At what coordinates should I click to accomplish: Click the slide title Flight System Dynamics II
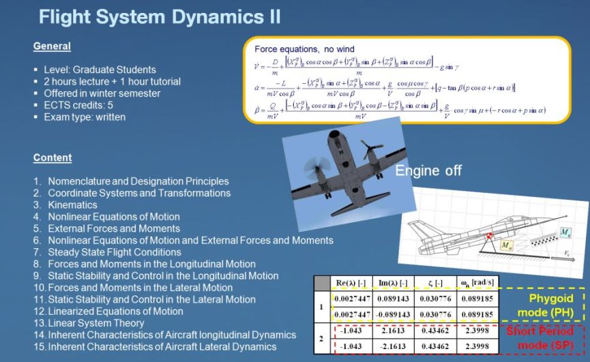pos(159,16)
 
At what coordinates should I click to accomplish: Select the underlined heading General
pos(52,46)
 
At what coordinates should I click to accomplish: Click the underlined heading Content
pos(53,158)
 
